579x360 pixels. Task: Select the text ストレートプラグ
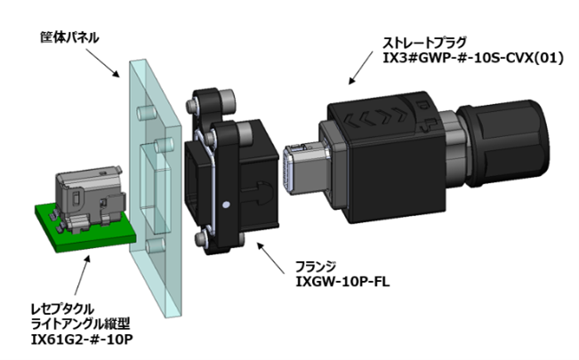(422, 40)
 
